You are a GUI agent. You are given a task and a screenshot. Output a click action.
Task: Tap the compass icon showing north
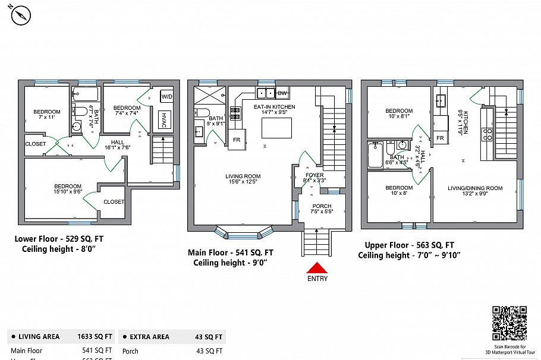coord(21,15)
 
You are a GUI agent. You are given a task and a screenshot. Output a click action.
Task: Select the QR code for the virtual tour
coord(509,323)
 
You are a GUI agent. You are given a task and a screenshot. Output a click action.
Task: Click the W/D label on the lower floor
coord(166,96)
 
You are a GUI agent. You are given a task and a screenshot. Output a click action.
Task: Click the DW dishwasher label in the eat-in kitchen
coord(282,93)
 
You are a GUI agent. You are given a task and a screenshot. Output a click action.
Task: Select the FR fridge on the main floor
coord(236,140)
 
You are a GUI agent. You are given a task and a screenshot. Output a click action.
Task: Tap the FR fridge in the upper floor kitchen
coord(441,138)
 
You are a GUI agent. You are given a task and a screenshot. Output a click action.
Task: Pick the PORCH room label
coord(322,206)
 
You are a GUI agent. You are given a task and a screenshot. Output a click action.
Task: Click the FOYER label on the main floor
coord(314,175)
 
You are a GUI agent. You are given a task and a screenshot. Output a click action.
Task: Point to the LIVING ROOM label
coord(243,176)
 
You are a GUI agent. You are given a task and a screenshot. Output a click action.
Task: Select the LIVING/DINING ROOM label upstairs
coord(475,188)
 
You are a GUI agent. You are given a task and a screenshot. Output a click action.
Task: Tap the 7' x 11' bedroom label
coord(46,112)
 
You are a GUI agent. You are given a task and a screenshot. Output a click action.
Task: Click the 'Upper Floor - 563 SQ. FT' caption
coord(410,245)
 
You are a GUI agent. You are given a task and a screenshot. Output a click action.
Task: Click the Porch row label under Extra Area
coord(130,351)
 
